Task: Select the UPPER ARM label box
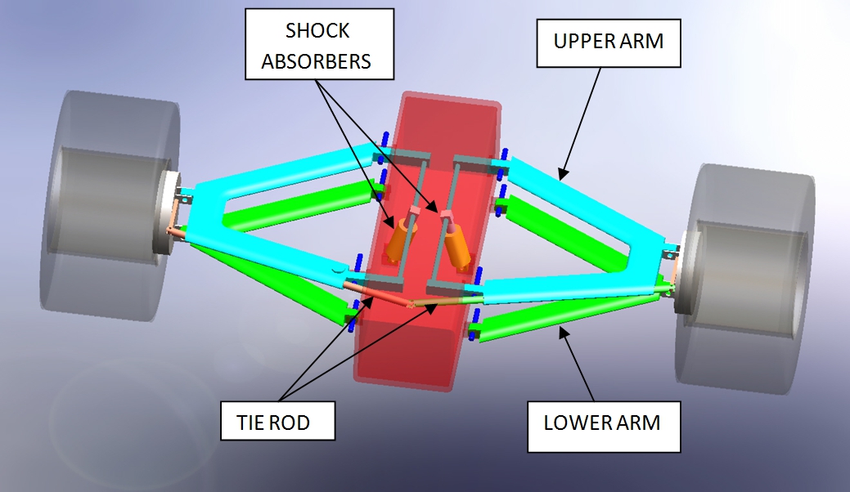point(608,41)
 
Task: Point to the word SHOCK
point(317,31)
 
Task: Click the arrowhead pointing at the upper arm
point(561,174)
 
